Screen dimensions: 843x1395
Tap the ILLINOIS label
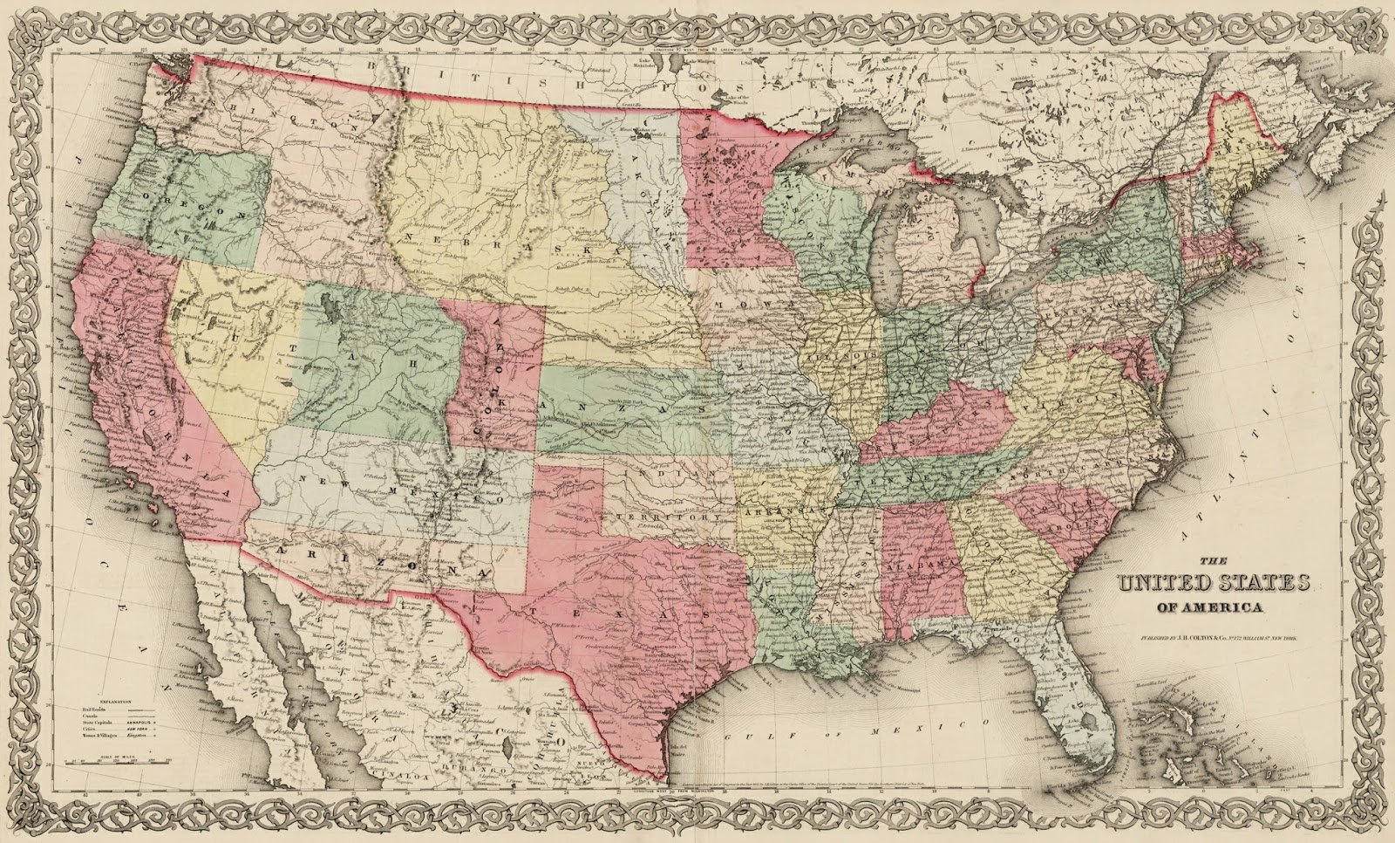coord(842,359)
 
